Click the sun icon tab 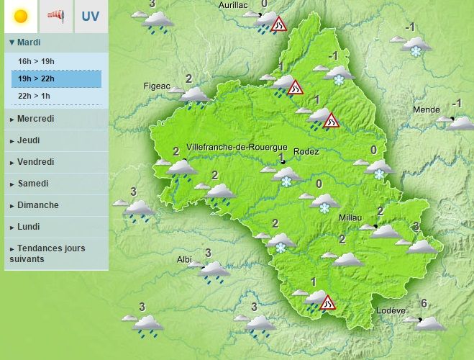(x=21, y=16)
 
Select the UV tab (x=91, y=16)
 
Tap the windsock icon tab (x=56, y=16)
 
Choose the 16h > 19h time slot (x=35, y=62)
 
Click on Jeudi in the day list (x=29, y=140)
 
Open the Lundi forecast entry (x=29, y=227)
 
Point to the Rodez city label (x=306, y=151)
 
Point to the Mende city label (x=427, y=109)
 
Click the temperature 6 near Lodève (x=424, y=303)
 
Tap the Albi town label (x=185, y=259)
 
